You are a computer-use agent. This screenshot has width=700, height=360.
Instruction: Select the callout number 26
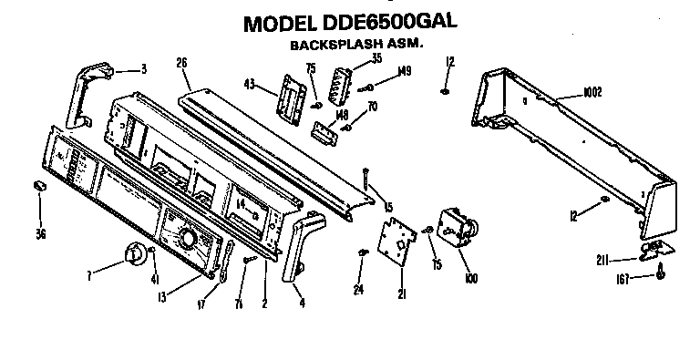[180, 63]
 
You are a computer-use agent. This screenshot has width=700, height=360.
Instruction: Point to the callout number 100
[471, 277]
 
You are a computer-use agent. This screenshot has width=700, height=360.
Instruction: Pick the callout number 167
[626, 277]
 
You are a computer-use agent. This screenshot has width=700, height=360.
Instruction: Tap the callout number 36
[40, 233]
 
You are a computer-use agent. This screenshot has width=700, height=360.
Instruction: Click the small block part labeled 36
[40, 185]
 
